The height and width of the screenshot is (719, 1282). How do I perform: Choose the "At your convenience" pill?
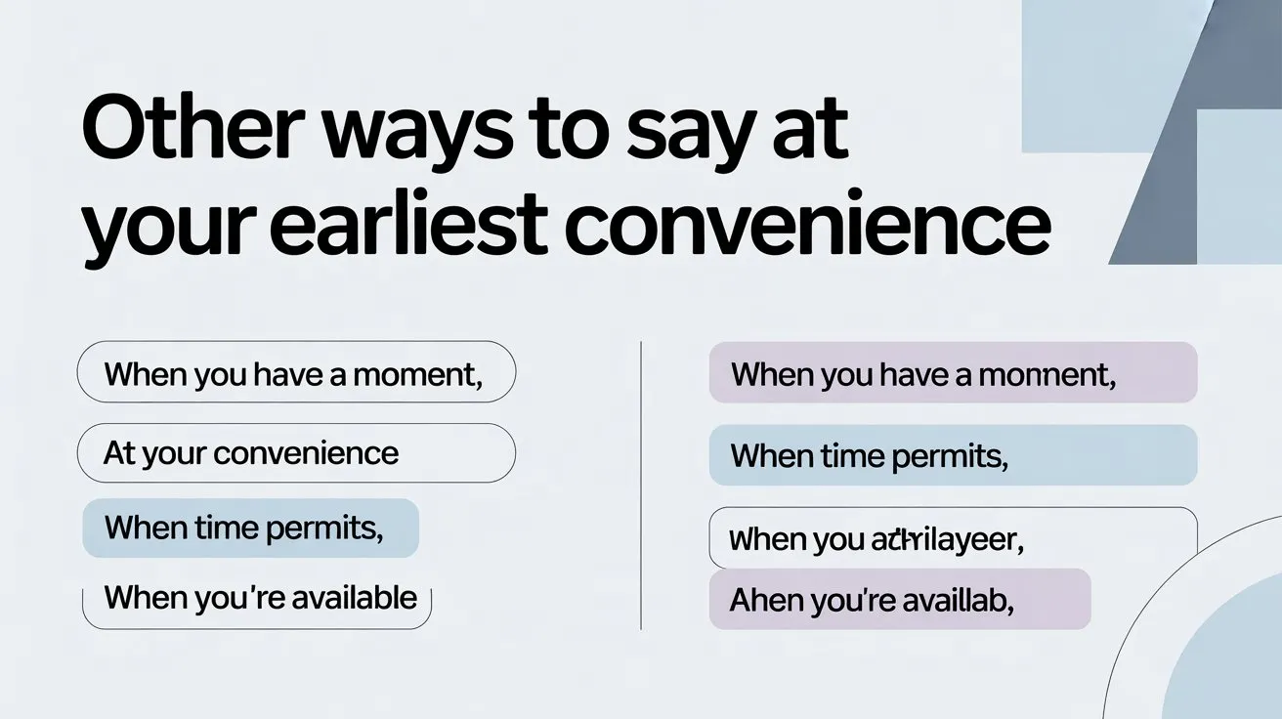pyautogui.click(x=295, y=453)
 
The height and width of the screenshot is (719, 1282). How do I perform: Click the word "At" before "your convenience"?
pyautogui.click(x=118, y=453)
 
